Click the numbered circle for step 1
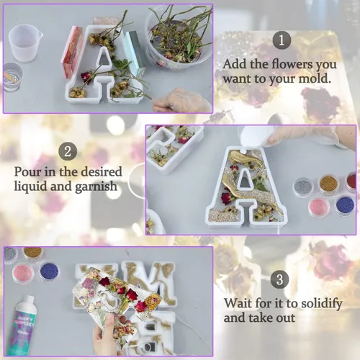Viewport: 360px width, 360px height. tap(282, 40)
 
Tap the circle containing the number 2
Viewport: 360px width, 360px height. tap(68, 151)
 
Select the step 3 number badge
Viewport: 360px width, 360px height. tap(279, 279)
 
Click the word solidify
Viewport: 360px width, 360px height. tap(322, 304)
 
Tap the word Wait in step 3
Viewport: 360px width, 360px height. tap(238, 303)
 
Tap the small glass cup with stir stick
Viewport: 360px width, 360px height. tap(12, 77)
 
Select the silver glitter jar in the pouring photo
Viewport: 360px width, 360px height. tap(304, 187)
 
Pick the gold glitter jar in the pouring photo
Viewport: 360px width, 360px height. tap(328, 184)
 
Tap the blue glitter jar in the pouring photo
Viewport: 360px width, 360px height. tap(345, 206)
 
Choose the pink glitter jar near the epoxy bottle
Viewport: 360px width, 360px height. tap(24, 273)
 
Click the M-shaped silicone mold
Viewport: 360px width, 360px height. tap(147, 283)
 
